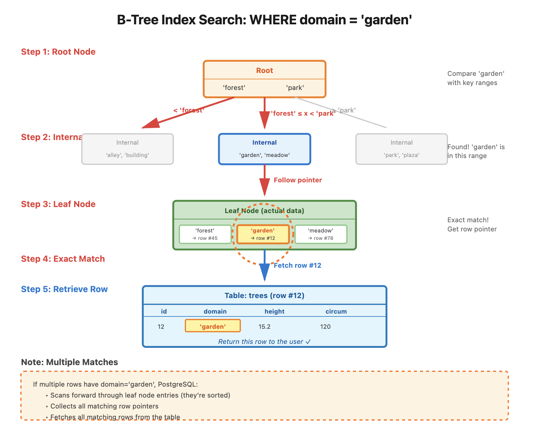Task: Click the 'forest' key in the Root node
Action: [234, 88]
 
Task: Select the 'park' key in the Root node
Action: [295, 88]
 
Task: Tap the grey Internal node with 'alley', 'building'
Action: [127, 149]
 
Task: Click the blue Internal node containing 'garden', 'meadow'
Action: [264, 149]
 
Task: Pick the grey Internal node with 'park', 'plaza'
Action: [401, 149]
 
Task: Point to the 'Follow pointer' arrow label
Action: [298, 180]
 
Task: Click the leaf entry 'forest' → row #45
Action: [205, 234]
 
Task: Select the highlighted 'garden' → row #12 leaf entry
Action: [263, 234]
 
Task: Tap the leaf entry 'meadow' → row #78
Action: [321, 234]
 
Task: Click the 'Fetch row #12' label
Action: [298, 266]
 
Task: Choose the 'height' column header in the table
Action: [274, 311]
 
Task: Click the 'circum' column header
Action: [336, 311]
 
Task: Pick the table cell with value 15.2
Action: [264, 327]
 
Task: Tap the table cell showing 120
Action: [325, 327]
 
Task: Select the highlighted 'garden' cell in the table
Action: [213, 326]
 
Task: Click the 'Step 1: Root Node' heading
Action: [58, 52]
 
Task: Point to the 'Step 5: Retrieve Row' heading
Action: [64, 289]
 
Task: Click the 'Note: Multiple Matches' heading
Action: [70, 362]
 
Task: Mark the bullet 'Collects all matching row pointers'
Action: [104, 406]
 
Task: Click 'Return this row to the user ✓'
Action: [264, 342]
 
